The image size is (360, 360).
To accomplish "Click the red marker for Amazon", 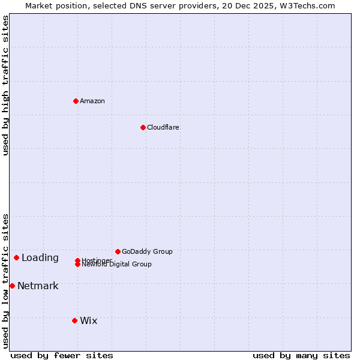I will (76, 101).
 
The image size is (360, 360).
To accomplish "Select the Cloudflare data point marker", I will (143, 127).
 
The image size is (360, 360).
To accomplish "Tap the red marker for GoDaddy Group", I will (118, 251).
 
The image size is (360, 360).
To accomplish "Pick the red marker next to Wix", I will (74, 320).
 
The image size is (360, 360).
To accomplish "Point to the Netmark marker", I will (12, 286).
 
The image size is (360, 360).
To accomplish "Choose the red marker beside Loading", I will (16, 257).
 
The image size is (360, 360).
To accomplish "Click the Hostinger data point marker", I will (77, 260).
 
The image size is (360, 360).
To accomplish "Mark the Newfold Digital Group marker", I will (77, 264).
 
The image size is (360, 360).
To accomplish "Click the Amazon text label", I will (92, 101).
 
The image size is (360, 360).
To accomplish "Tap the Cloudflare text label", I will (163, 127).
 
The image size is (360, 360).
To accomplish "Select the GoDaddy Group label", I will (147, 251).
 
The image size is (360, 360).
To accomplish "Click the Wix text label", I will (89, 320).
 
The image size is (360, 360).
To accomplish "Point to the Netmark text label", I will (38, 286).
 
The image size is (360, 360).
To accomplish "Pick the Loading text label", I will (40, 258).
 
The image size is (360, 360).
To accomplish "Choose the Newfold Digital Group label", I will (117, 265).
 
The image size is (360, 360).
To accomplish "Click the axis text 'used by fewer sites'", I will (62, 355).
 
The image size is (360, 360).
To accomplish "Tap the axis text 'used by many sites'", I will (301, 355).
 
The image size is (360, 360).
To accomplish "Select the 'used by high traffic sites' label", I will (5, 85).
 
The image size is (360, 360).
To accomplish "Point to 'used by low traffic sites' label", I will (5, 281).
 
